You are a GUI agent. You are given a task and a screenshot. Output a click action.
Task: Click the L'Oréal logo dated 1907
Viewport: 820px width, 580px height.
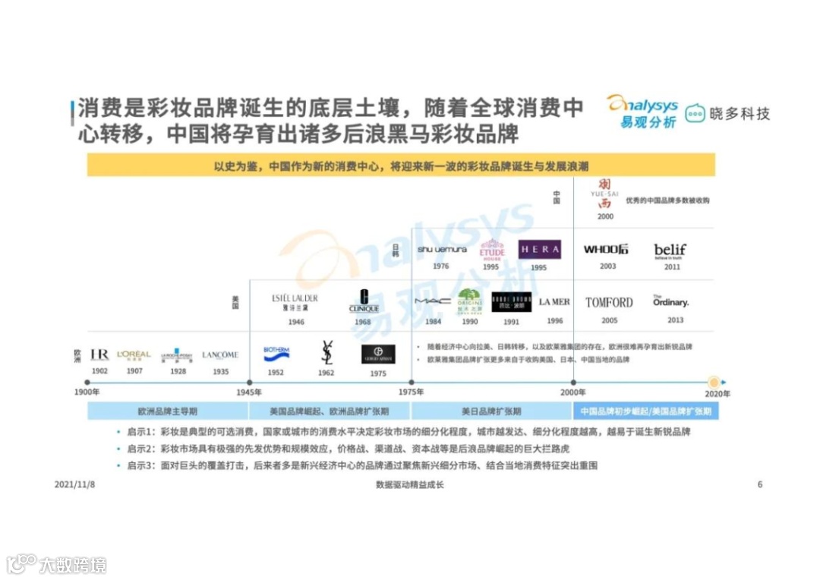(134, 355)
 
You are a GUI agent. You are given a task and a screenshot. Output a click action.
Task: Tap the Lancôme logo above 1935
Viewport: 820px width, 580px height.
(220, 355)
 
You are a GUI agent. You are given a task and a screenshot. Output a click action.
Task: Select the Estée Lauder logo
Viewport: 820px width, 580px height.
(295, 300)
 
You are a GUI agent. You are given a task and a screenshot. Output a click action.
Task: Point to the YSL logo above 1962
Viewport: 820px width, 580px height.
(326, 353)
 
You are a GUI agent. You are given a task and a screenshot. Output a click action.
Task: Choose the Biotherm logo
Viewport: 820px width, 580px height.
(276, 353)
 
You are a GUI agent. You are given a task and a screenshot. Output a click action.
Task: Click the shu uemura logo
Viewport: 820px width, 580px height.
(441, 249)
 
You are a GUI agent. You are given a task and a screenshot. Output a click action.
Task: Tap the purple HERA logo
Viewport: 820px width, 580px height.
(539, 249)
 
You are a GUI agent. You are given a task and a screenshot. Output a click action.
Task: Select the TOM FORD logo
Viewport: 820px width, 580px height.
(609, 302)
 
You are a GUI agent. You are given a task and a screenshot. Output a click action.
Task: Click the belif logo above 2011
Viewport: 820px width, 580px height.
(670, 250)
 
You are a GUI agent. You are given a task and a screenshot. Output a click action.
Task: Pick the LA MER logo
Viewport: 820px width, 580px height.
(554, 301)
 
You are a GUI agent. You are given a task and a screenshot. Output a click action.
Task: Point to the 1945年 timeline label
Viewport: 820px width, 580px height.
(248, 392)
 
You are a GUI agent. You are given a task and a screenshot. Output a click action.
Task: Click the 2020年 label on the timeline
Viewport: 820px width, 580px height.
(716, 393)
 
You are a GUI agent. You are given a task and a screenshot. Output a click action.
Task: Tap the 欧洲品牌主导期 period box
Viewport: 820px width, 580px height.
(168, 411)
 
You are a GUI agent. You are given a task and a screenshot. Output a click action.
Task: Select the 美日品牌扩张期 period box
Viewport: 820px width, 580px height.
(491, 411)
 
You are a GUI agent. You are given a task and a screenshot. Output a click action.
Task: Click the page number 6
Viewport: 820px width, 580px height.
(760, 484)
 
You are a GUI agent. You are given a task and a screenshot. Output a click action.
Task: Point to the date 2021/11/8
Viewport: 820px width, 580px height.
(75, 484)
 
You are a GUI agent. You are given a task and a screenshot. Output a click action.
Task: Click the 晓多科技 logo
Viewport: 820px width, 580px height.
(727, 114)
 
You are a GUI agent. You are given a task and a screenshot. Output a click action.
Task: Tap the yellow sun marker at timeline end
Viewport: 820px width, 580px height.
(714, 382)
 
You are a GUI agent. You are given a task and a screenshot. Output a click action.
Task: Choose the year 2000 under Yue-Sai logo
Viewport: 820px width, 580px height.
(605, 216)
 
